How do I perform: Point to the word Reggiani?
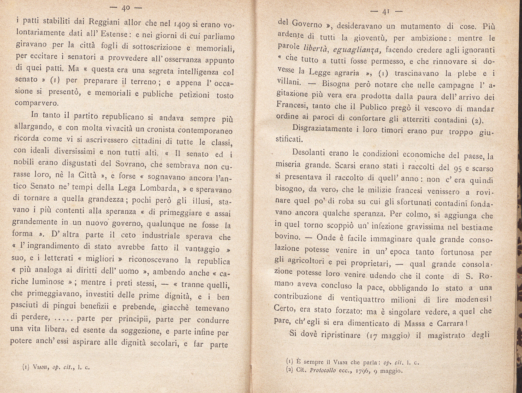(104, 22)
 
